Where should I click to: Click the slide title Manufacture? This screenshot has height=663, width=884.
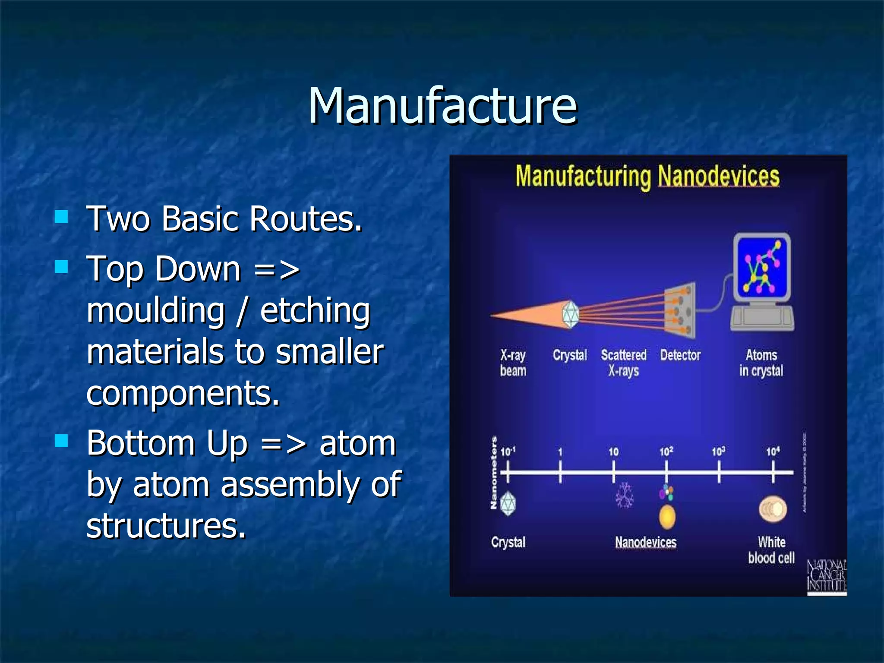click(442, 106)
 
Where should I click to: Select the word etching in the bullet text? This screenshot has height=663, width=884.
click(315, 311)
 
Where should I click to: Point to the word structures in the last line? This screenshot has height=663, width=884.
click(166, 526)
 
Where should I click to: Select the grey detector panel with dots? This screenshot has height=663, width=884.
click(681, 310)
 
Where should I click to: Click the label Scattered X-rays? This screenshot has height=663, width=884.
click(624, 363)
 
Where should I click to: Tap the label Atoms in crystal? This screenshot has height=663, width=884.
click(761, 363)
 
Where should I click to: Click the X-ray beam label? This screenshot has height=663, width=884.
click(513, 363)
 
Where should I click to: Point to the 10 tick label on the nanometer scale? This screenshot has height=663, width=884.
click(613, 452)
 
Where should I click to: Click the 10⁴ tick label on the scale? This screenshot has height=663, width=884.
click(773, 451)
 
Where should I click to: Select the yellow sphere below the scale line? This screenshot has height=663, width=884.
click(667, 517)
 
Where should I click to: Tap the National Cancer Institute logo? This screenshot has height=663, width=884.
click(827, 576)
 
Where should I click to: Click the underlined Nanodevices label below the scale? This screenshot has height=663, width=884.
click(646, 543)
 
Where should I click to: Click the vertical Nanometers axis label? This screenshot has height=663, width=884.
click(493, 473)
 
